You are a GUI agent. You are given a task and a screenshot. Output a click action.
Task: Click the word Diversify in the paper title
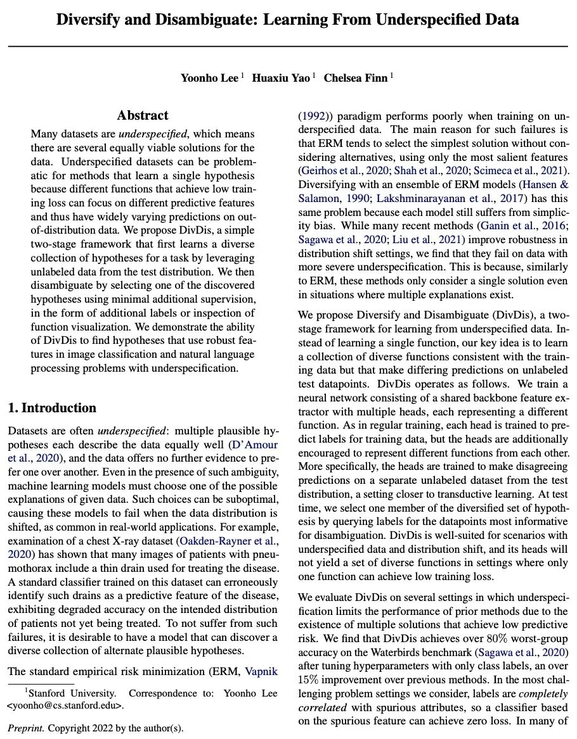click(x=94, y=20)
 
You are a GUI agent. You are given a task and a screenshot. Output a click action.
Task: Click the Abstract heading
click(x=143, y=115)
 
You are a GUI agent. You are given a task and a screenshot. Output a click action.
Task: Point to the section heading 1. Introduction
click(x=52, y=408)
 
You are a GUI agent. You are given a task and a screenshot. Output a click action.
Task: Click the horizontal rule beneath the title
click(x=288, y=47)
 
